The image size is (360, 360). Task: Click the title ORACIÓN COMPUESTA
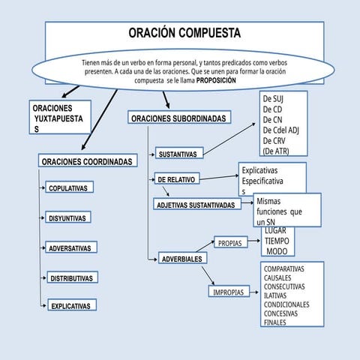pos(184,34)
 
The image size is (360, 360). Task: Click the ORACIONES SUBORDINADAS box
pos(178,118)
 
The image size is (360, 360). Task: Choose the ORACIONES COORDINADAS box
pos(88,162)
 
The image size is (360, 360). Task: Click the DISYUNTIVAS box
pos(68,218)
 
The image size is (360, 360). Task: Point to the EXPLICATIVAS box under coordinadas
pos(70,306)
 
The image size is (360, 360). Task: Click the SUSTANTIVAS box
pos(177,155)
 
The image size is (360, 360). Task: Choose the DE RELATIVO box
pos(176,180)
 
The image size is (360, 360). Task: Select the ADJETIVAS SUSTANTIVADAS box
pos(198,205)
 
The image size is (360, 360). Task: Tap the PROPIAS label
pos(230,243)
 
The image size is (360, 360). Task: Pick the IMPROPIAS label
pos(228,292)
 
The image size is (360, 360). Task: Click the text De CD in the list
pos(273,109)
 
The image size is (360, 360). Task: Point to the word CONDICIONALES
pos(287,304)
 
